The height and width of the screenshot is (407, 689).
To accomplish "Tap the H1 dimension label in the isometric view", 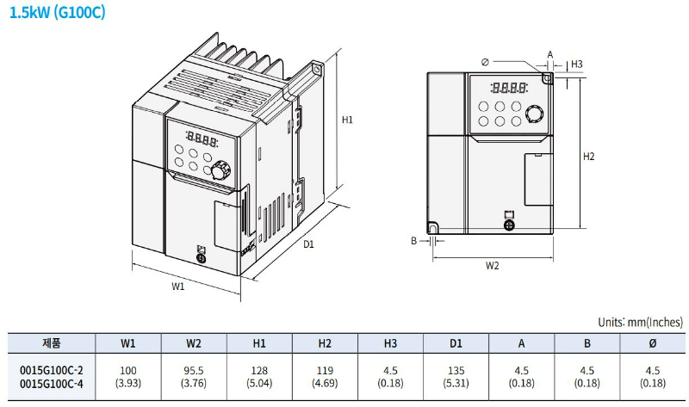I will tap(347, 120).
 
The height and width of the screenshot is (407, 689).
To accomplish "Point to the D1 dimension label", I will tap(308, 244).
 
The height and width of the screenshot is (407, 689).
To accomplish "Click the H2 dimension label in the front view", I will tap(589, 157).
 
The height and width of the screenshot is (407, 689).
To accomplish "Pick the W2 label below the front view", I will tap(492, 265).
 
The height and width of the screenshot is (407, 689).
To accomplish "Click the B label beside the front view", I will tap(413, 241).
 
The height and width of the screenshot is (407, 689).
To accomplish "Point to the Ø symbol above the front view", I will tap(487, 61).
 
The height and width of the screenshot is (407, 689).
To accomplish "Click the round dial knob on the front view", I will tap(535, 113).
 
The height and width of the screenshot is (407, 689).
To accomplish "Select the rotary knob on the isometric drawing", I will tap(220, 170).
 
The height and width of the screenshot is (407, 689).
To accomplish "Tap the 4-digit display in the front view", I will tap(508, 87).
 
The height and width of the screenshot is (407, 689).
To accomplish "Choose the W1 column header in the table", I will tap(128, 342).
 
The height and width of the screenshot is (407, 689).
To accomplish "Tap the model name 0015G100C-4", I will tap(51, 383).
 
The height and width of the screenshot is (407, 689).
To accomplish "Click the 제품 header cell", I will tap(51, 342).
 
